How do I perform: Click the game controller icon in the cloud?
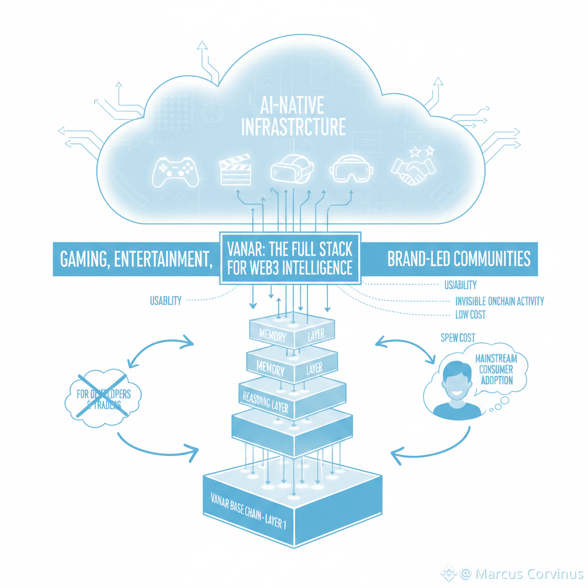175,170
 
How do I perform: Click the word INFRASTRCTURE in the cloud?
293,126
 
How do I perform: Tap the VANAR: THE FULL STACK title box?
291,258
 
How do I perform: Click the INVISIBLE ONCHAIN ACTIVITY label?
499,301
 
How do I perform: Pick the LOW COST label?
469,315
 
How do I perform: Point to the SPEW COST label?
458,338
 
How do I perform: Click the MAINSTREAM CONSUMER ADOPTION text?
496,369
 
